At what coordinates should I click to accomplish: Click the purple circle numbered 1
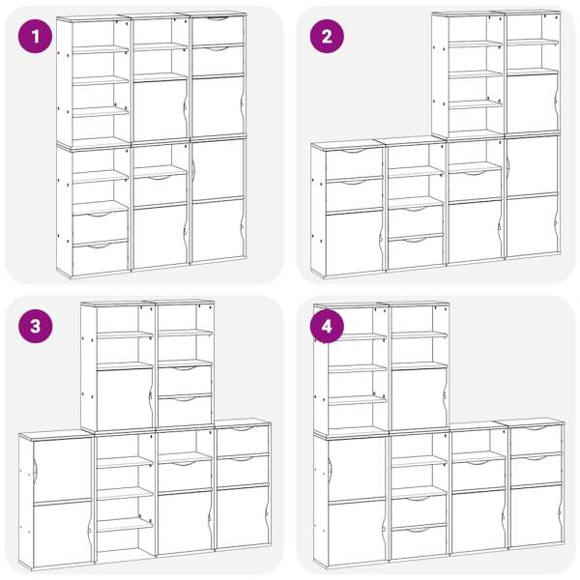point(35,37)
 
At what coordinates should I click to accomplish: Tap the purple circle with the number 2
point(327,37)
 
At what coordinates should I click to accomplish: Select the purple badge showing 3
point(35,327)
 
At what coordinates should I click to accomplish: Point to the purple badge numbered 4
point(327,327)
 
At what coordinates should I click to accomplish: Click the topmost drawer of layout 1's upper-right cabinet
point(218,30)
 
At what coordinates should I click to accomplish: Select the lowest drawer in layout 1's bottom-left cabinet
point(100,258)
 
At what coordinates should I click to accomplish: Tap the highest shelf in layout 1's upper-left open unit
point(101,49)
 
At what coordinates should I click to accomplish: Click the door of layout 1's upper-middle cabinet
point(160,110)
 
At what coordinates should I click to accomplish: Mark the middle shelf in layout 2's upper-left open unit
point(476,74)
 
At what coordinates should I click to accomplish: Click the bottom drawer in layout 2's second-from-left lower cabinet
point(416,252)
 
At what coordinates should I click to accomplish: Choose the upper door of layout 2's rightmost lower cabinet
point(533,166)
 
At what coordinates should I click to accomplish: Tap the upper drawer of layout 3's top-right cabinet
point(185,380)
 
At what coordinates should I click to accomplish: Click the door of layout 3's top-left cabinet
point(125,399)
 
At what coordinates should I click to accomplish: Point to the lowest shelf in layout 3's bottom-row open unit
point(125,525)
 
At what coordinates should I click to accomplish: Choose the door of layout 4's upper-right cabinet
point(420,400)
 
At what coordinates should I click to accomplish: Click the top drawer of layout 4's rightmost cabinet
point(536,440)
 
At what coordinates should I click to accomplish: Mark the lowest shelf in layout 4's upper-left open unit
point(357,400)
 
